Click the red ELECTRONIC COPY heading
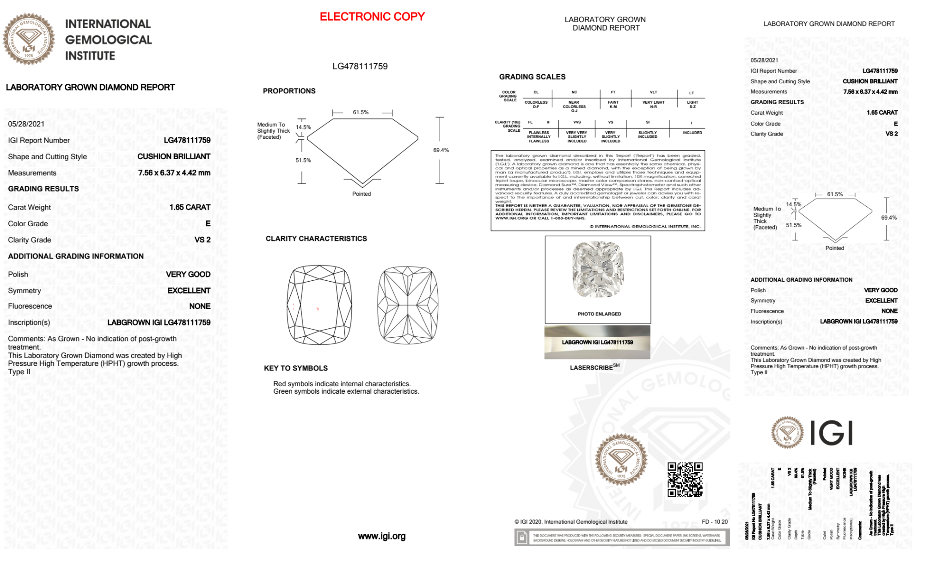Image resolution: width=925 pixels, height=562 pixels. [372, 17]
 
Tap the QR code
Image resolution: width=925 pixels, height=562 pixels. [685, 480]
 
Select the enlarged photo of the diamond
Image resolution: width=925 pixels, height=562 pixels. [598, 270]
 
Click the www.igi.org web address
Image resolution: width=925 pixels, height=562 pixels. [381, 536]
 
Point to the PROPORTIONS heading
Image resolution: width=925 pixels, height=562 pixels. [289, 91]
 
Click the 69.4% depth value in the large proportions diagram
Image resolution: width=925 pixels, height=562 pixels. [441, 150]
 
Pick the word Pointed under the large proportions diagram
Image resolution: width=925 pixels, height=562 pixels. [361, 194]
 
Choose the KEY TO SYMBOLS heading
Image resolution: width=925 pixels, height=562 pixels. [295, 368]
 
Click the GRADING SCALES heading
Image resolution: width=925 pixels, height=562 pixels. [532, 77]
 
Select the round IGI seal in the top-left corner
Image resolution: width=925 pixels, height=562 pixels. [29, 39]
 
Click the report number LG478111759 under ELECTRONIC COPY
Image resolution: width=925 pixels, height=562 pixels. [360, 66]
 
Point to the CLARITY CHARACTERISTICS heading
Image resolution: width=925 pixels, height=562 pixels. [316, 239]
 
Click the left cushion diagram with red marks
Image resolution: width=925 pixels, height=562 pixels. [319, 305]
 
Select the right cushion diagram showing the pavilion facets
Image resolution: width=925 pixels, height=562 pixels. [408, 305]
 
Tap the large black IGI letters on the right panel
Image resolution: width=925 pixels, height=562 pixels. [832, 433]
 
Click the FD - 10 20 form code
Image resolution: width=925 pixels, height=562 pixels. [714, 522]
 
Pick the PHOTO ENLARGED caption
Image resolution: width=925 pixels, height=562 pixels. [599, 314]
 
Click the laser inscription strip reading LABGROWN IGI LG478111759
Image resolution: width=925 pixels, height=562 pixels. [597, 342]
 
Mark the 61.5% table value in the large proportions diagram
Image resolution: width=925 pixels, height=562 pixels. [361, 112]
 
